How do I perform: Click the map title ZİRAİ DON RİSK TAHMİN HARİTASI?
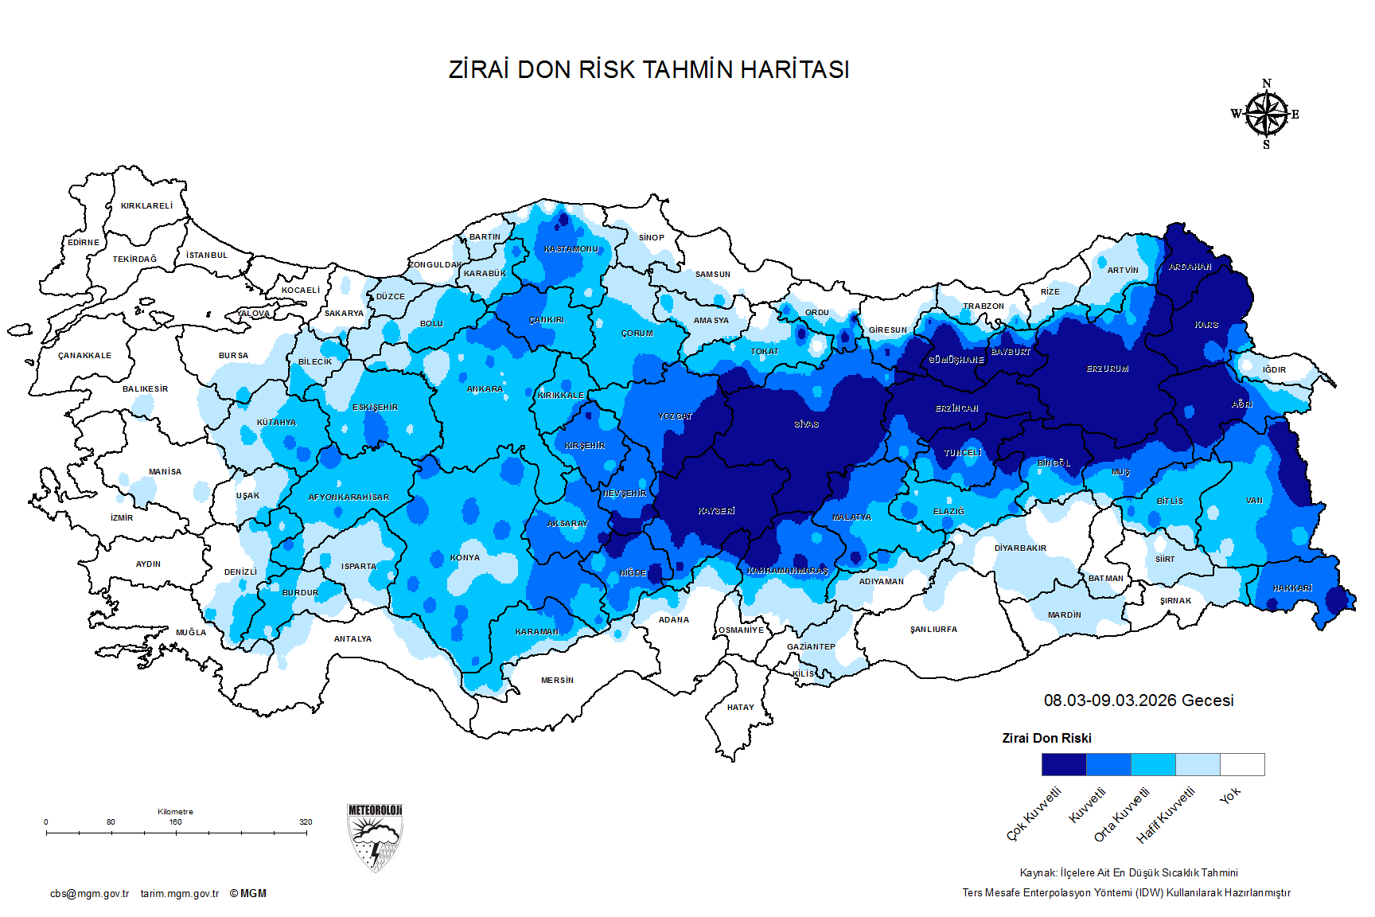[649, 70]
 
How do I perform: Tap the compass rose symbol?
[1266, 115]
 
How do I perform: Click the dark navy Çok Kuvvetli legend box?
[1064, 764]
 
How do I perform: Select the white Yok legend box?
[1242, 764]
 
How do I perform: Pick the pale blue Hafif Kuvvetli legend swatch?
[1198, 764]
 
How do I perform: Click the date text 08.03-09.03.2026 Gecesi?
[1139, 700]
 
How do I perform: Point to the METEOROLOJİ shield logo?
[375, 837]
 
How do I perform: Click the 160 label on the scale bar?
[175, 822]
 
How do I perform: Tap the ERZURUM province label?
[1108, 369]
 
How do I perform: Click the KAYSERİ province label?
[716, 511]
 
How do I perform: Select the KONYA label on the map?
[465, 558]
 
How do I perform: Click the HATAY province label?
[740, 708]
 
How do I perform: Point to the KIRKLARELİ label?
[146, 206]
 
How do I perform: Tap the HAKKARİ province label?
[1292, 588]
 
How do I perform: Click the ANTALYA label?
[353, 639]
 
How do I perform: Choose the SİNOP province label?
[651, 238]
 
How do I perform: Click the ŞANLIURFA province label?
[933, 630]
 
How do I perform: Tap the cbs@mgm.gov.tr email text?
[89, 894]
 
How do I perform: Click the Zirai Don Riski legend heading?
[1046, 739]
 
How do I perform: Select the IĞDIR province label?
[1274, 370]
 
